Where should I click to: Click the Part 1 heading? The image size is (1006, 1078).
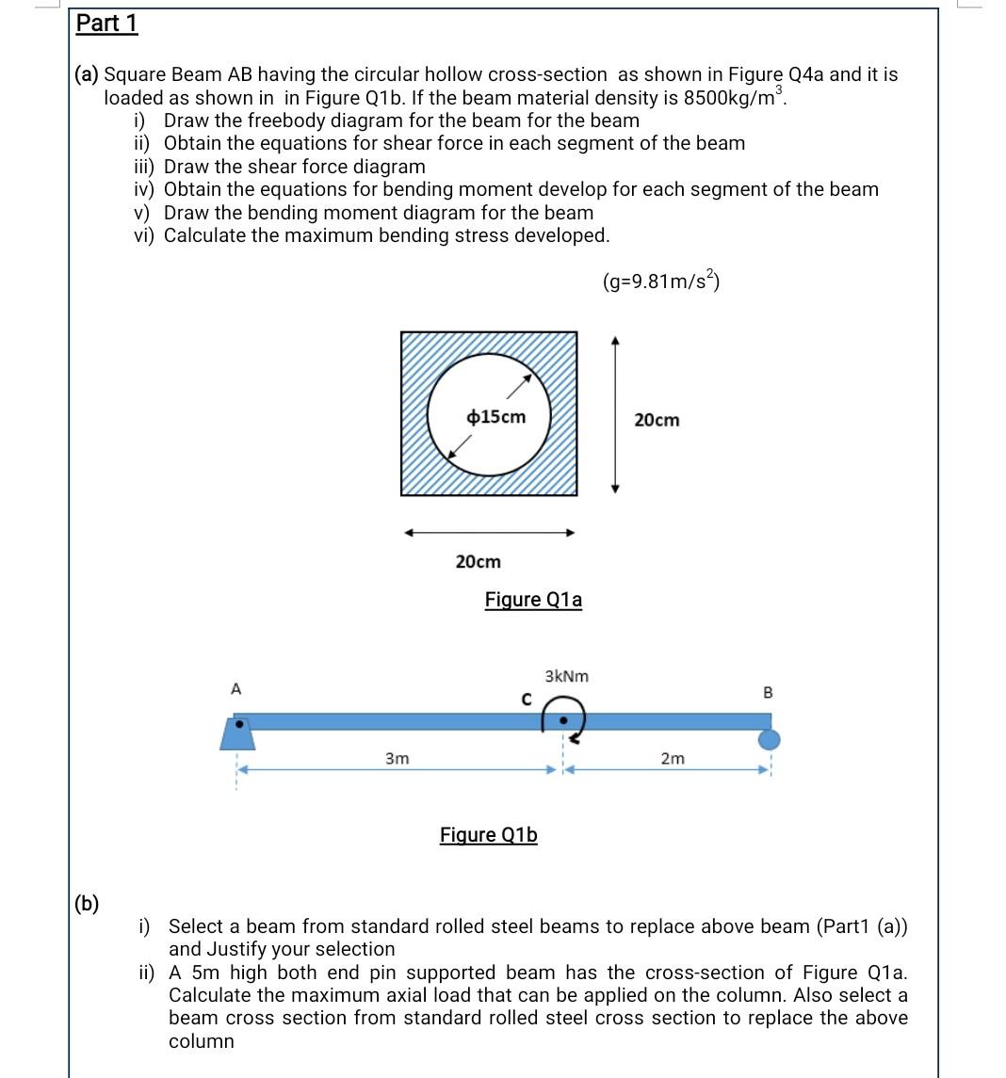point(106,24)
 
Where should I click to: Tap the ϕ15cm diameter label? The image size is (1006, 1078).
point(496,417)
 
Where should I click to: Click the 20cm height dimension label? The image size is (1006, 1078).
point(656,420)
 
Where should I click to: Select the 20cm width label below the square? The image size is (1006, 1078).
point(478,562)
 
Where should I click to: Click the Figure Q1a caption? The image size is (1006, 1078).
point(533,600)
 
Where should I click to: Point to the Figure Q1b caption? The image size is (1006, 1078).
point(488,835)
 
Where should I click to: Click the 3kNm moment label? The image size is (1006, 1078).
point(566,676)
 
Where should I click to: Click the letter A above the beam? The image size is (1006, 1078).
point(235,689)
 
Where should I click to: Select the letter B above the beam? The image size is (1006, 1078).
point(767,693)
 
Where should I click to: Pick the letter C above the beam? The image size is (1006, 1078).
point(527,699)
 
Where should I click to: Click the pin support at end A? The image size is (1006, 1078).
point(237,733)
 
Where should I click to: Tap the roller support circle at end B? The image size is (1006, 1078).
point(769,740)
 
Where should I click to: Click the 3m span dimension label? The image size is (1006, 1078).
point(397,758)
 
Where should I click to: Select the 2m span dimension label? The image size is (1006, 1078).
point(673,758)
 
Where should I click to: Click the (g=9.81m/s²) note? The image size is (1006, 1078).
point(662,281)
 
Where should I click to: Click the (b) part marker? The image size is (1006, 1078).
point(87,904)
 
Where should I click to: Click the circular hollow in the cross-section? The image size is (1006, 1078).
point(489,414)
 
